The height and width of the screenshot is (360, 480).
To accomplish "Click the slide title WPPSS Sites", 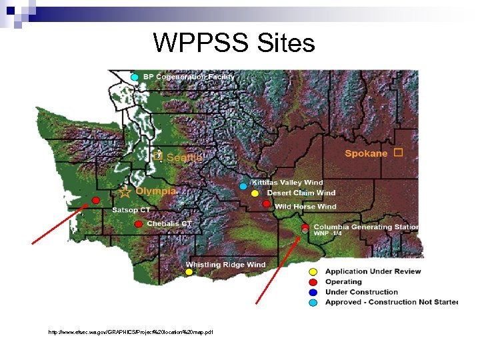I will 233,43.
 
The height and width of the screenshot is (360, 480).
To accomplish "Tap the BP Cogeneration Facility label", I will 189,77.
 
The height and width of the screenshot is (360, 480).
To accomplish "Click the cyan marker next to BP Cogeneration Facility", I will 135,78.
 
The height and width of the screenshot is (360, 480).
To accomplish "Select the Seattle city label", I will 184,158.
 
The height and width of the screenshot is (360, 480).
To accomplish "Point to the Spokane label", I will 366,153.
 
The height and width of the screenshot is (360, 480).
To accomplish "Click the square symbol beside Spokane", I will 398,153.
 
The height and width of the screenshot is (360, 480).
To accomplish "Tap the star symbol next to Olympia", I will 125,192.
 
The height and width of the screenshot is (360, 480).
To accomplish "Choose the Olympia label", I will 156,191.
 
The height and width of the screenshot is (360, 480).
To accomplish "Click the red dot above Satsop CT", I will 96,200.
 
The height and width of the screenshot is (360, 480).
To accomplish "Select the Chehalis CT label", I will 169,224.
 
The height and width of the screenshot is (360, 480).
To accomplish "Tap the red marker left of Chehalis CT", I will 138,224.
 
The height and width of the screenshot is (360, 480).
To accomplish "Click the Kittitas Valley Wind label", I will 287,183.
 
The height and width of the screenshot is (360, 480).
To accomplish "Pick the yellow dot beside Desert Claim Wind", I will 255,193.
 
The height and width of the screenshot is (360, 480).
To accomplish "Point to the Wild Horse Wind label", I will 305,207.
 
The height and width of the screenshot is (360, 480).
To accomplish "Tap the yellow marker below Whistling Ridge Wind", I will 189,272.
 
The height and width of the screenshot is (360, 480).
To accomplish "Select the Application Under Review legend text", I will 373,271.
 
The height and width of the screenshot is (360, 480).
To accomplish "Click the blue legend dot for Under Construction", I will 313,292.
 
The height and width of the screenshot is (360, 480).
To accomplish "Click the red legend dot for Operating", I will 313,282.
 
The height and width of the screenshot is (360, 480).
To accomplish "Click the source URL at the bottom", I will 131,331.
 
